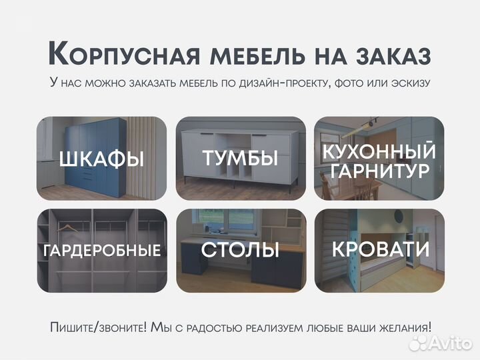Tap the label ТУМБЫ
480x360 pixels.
click(x=240, y=159)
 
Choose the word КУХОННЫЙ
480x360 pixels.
click(x=379, y=151)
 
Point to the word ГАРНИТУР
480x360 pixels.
click(x=379, y=171)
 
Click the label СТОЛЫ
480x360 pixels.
click(x=240, y=251)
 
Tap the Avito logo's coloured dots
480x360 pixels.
click(x=419, y=343)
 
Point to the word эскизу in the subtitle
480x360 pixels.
click(x=411, y=83)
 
